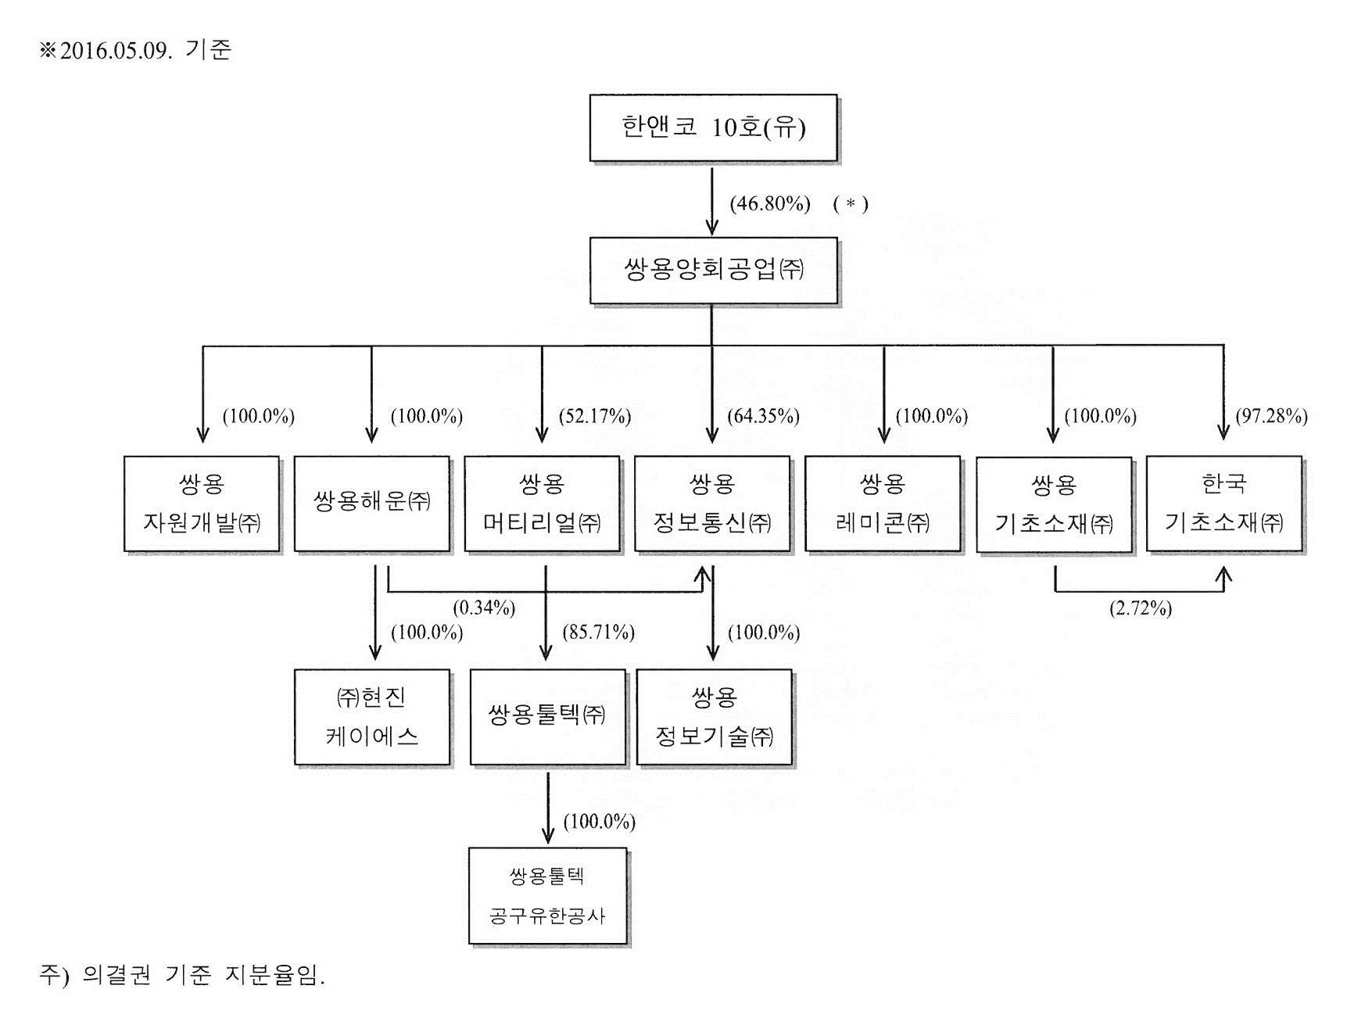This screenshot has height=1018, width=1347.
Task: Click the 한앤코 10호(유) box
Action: click(x=713, y=128)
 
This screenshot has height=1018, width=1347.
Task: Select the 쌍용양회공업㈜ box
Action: click(x=713, y=271)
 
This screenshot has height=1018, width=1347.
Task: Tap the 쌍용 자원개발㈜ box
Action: click(x=202, y=504)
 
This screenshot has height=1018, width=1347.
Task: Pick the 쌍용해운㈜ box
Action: click(x=371, y=504)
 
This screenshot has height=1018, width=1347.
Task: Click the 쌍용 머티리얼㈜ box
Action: click(x=542, y=504)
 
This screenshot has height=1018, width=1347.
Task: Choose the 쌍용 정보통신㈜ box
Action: click(x=712, y=504)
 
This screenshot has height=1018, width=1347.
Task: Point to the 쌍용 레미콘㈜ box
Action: click(x=883, y=504)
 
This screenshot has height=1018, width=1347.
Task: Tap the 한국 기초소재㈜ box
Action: click(x=1223, y=504)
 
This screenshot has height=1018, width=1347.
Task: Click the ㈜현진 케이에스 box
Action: click(x=372, y=717)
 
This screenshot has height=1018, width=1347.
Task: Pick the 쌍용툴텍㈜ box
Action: click(x=547, y=717)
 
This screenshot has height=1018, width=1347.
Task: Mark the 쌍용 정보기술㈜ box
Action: click(x=715, y=717)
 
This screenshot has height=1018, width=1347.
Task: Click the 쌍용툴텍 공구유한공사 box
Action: click(x=547, y=896)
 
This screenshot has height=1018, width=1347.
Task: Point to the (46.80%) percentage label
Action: click(x=770, y=204)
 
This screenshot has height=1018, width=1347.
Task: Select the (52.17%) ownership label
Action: click(x=595, y=416)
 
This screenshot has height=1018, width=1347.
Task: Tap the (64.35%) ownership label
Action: click(x=763, y=416)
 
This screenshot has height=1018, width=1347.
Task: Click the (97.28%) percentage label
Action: click(x=1271, y=416)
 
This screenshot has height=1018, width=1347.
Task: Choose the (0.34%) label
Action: click(x=484, y=608)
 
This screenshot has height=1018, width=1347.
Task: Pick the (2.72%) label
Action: click(x=1141, y=608)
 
